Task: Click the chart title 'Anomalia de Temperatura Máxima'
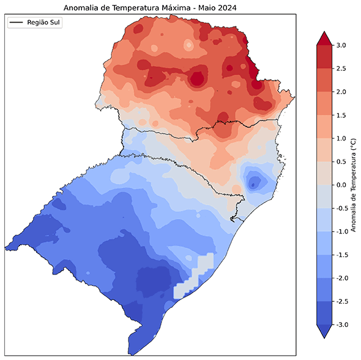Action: point(150,7)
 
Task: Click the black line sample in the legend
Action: point(17,23)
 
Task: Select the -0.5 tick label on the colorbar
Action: point(341,208)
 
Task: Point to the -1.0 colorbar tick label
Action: point(341,231)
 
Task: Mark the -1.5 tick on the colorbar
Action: point(341,255)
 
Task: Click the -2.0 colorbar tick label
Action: point(341,278)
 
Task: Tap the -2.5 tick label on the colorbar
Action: point(341,301)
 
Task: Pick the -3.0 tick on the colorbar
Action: point(341,325)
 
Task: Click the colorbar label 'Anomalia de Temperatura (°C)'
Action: point(353,185)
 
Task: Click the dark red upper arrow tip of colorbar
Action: point(323,38)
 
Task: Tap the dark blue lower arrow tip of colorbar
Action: point(323,332)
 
